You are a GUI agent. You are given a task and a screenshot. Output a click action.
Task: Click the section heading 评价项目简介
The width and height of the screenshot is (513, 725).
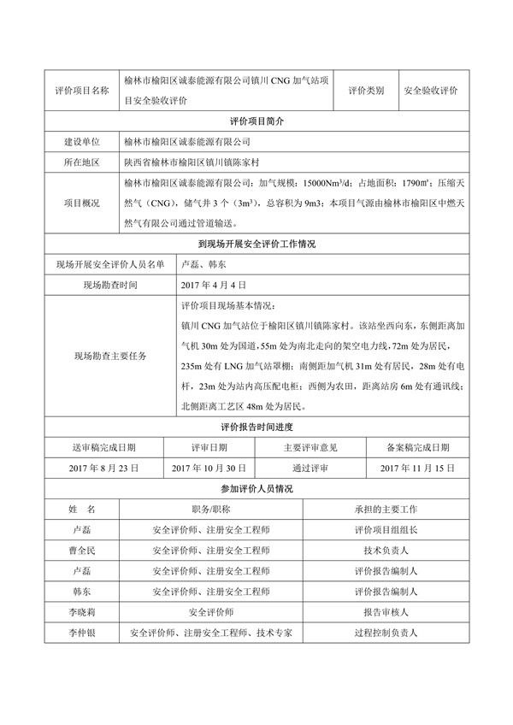click(256, 121)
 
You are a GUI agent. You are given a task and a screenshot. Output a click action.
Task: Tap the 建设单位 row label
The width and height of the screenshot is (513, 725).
click(81, 141)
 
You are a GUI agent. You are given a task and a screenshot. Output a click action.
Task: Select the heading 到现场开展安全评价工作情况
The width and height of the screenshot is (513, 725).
click(256, 245)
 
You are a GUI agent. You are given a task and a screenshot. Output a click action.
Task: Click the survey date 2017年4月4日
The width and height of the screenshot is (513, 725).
click(214, 285)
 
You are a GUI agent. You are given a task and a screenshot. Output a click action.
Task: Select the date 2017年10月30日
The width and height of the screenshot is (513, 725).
click(209, 468)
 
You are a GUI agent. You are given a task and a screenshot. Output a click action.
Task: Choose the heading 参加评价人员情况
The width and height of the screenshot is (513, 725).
click(256, 488)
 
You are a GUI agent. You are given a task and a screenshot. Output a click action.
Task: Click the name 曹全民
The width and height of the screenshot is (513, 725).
click(81, 551)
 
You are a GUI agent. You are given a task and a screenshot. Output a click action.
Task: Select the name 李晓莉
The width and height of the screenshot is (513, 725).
click(81, 612)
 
